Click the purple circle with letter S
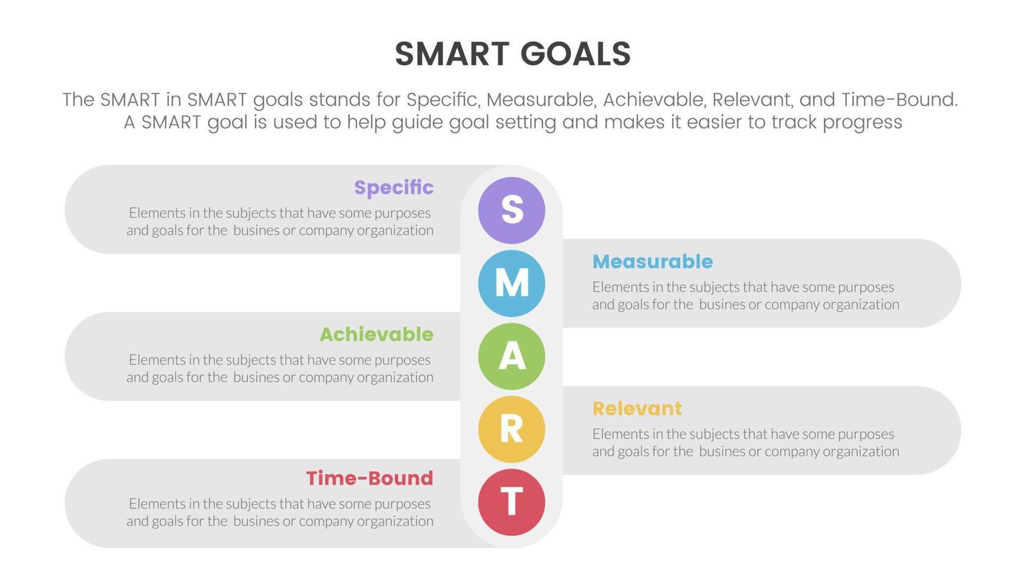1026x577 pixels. [x=511, y=210]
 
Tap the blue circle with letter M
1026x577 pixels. [x=511, y=283]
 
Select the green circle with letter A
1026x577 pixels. [x=511, y=356]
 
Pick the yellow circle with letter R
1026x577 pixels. [x=511, y=429]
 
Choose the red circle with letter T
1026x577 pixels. [x=511, y=502]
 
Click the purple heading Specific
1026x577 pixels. [x=393, y=188]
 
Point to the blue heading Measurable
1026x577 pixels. [x=653, y=261]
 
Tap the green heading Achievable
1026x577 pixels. [x=376, y=334]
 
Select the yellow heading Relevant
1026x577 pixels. [x=637, y=409]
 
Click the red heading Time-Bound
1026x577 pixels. [x=369, y=478]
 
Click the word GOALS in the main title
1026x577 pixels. [x=575, y=54]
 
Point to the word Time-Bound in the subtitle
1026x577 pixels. [x=898, y=100]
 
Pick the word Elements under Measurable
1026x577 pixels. [x=618, y=287]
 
